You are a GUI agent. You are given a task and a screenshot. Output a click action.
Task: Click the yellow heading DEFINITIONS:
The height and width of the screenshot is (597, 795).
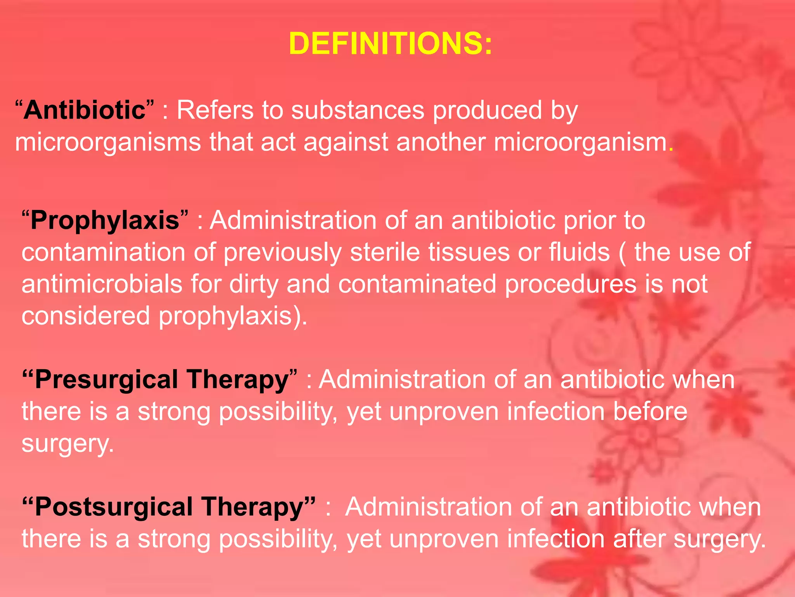[x=391, y=44]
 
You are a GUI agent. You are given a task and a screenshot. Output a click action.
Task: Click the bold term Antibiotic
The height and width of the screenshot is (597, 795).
[x=84, y=110]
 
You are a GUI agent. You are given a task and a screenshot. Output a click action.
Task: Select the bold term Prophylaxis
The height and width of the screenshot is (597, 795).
[x=105, y=221]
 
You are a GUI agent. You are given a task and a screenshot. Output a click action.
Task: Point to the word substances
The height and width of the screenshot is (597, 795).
[x=358, y=110]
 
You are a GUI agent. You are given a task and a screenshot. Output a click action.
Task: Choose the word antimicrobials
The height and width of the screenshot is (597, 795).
[x=102, y=284]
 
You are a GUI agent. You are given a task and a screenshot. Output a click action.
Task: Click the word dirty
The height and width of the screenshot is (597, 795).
[x=253, y=284]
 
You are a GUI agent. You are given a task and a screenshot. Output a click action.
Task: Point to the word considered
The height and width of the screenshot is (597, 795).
[x=85, y=316]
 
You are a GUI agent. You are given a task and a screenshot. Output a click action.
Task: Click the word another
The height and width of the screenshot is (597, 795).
[x=441, y=142]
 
